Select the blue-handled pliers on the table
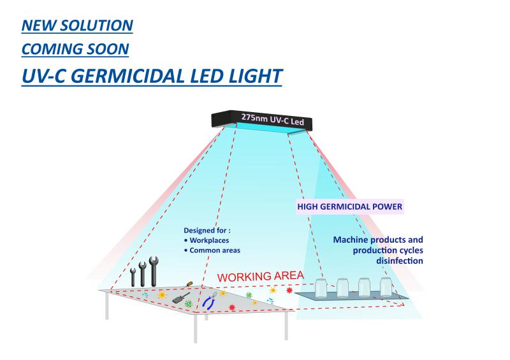pyautogui.click(x=208, y=301)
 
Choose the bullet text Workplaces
pyautogui.click(x=210, y=241)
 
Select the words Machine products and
pyautogui.click(x=378, y=240)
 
